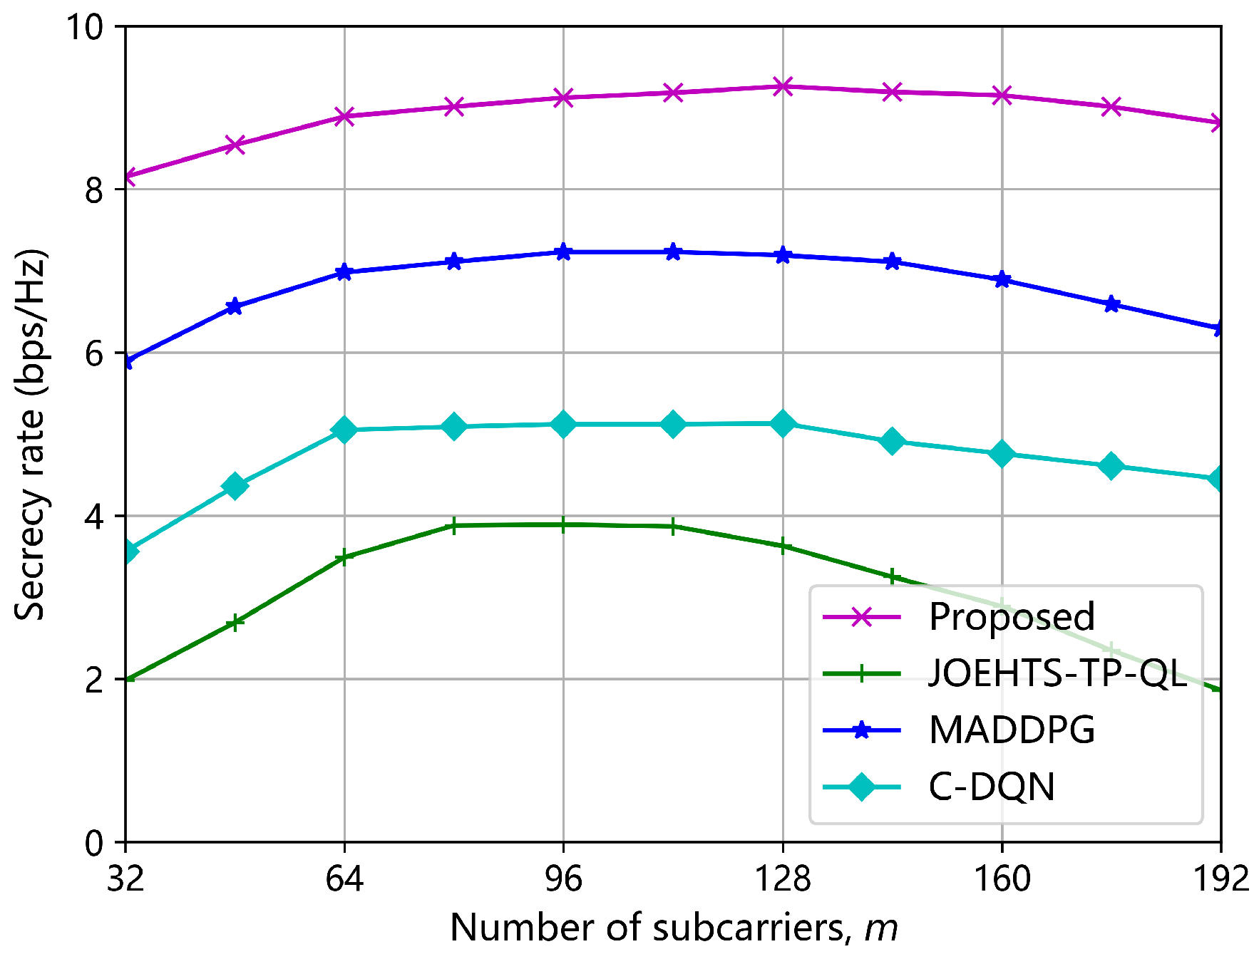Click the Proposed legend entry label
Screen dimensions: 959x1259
pyautogui.click(x=1011, y=617)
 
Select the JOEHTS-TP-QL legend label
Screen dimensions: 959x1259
pyautogui.click(x=1058, y=673)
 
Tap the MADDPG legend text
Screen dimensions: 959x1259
pyautogui.click(x=1011, y=730)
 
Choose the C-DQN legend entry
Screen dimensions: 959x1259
pyautogui.click(x=991, y=787)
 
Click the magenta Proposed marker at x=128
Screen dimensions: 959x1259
pyautogui.click(x=783, y=87)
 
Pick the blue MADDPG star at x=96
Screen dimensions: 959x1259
pyautogui.click(x=563, y=252)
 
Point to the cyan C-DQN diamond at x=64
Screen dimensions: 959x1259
pyautogui.click(x=344, y=430)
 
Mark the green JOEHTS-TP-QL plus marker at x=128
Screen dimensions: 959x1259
pyautogui.click(x=783, y=546)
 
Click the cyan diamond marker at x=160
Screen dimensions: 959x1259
pyautogui.click(x=1002, y=454)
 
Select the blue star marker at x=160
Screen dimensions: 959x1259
pyautogui.click(x=1002, y=279)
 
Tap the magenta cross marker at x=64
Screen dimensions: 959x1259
pyautogui.click(x=344, y=116)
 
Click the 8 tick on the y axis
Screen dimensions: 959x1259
pyautogui.click(x=94, y=190)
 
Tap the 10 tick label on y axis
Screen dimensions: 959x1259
pyautogui.click(x=84, y=27)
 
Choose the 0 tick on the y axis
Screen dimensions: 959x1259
pyautogui.click(x=94, y=844)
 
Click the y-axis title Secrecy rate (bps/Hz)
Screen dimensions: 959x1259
pyautogui.click(x=30, y=435)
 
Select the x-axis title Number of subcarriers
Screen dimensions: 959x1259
pyautogui.click(x=673, y=928)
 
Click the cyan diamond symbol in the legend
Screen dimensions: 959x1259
pyautogui.click(x=861, y=787)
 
